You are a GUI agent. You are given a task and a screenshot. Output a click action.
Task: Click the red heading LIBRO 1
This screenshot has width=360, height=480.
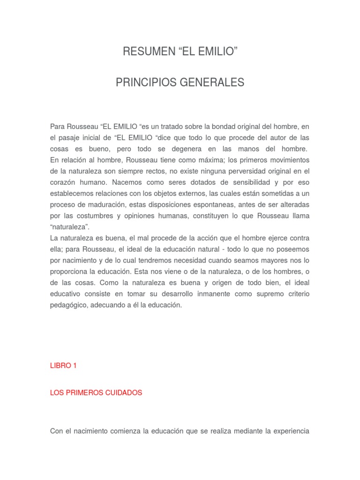pyautogui.click(x=63, y=366)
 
